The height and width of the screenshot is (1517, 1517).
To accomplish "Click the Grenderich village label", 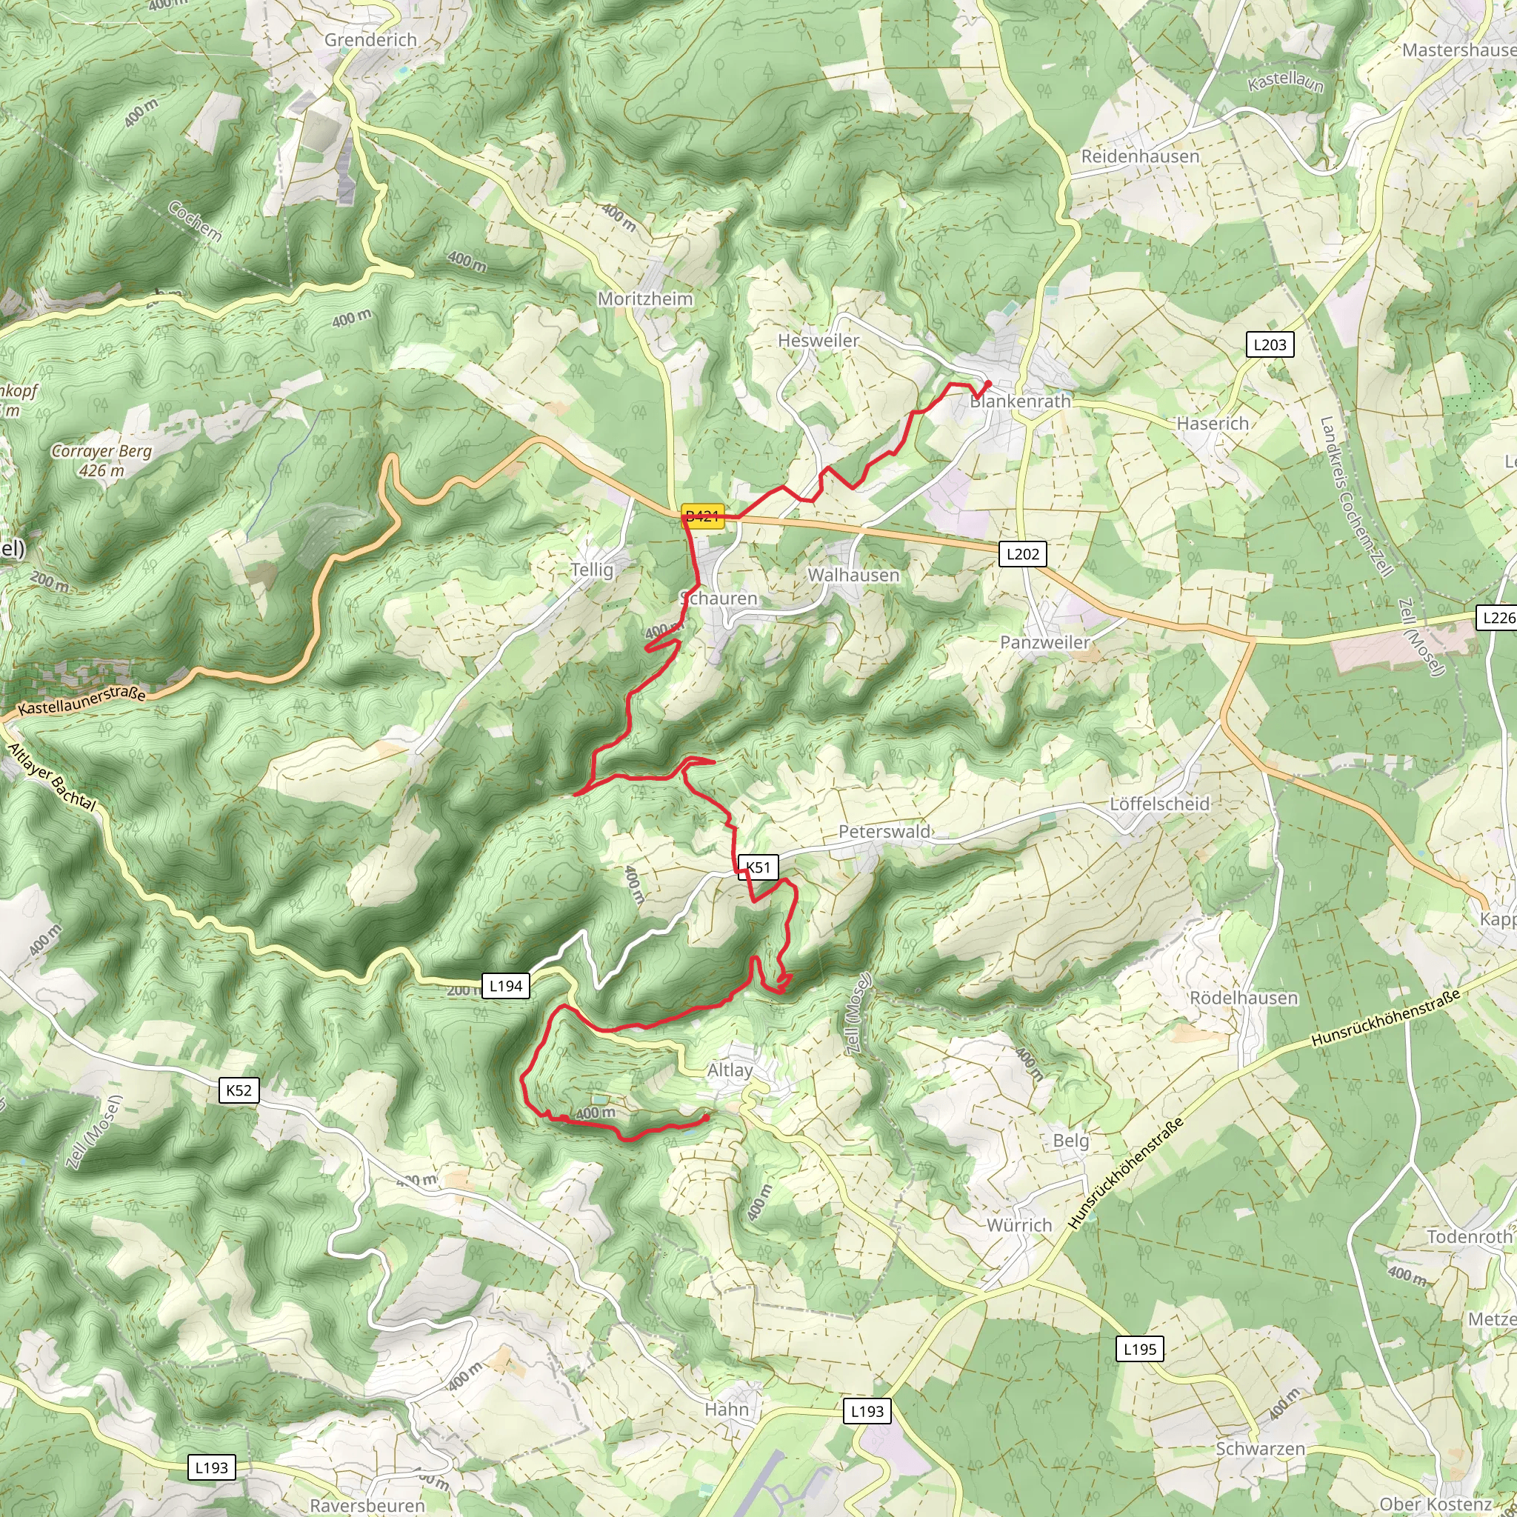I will [370, 39].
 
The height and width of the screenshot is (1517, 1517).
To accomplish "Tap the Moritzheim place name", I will [644, 299].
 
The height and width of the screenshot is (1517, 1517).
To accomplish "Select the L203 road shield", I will [1269, 344].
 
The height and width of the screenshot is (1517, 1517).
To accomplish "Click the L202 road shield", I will [1022, 554].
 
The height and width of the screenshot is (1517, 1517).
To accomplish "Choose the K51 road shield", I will [758, 867].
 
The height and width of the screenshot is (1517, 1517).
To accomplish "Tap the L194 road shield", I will [505, 986].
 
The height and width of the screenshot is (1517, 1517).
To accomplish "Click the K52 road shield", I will [239, 1090].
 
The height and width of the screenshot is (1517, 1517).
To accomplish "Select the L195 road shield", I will [1139, 1350].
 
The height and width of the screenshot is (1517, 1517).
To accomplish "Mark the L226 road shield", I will [1496, 618].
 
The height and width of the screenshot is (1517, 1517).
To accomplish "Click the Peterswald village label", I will [884, 832].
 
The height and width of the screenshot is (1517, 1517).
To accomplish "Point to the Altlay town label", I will [730, 1070].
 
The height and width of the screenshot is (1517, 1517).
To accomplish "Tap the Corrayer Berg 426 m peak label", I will [101, 461].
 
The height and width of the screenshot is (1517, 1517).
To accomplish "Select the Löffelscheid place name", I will [1159, 804].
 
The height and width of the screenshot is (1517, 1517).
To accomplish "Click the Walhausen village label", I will [853, 576].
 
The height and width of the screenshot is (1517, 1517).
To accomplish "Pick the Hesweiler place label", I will [818, 341].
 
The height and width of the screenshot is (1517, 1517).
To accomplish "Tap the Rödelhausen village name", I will [1244, 998].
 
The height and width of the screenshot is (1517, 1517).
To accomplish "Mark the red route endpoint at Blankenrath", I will [988, 383].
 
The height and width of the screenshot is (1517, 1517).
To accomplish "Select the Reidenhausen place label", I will [1140, 156].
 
